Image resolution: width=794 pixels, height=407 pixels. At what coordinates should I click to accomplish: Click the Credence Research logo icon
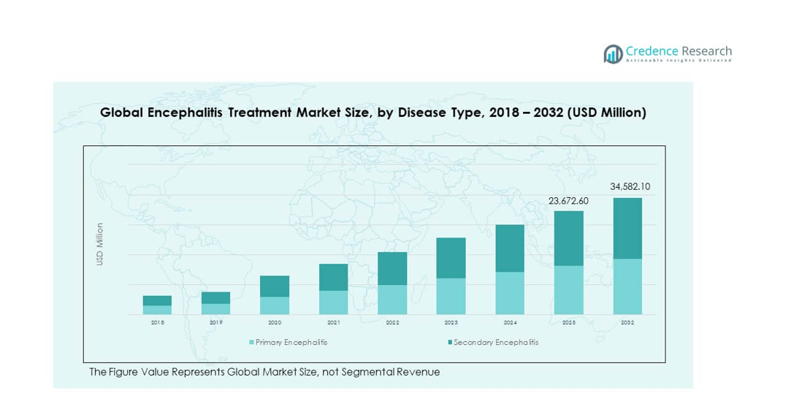coord(612,53)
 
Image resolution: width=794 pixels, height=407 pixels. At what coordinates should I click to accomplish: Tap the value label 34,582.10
coord(630,187)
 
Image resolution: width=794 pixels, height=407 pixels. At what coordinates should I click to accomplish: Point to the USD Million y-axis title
coord(100,244)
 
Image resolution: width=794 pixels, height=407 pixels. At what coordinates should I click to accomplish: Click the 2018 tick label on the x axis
coord(157,322)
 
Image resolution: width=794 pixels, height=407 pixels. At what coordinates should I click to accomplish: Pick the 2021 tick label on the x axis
coord(333,322)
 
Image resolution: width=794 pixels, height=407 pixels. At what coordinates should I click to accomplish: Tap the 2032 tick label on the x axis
coord(627,322)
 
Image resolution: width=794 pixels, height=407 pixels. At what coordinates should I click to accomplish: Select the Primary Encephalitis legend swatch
coord(252,342)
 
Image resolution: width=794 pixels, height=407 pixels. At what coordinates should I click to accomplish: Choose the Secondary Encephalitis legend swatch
coord(450,342)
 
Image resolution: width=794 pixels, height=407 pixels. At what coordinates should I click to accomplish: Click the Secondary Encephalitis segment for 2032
coord(627,228)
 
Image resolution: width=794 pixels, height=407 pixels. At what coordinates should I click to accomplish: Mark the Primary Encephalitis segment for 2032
coord(627,286)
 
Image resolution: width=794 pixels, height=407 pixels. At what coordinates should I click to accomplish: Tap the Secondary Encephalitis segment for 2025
coord(568,238)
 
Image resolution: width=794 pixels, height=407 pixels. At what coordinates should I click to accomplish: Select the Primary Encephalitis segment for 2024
coord(510,293)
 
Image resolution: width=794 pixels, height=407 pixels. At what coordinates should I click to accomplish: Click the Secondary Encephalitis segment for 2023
coord(451,258)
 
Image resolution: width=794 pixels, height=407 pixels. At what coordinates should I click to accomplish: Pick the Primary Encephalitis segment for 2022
coord(392,300)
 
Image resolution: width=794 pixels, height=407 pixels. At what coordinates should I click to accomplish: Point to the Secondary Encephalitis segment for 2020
coord(275,286)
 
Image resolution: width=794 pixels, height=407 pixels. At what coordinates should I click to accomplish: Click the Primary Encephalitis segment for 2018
coord(157,310)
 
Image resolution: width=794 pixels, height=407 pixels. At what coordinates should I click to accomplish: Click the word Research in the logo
coord(706,51)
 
